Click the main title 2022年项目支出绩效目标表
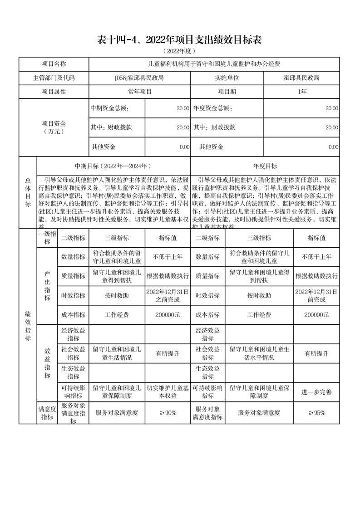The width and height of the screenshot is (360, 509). click(x=180, y=40)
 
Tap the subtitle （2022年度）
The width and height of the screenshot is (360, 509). click(x=180, y=51)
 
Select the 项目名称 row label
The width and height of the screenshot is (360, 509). click(x=54, y=64)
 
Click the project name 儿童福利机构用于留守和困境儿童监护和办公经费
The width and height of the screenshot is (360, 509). click(x=214, y=64)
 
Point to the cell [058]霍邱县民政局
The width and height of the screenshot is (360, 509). click(x=139, y=78)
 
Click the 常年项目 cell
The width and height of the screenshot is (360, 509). click(x=139, y=92)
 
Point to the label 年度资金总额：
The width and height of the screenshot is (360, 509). click(x=213, y=108)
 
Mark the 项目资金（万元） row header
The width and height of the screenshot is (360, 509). click(x=54, y=127)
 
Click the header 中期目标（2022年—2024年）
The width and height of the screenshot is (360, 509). click(x=113, y=166)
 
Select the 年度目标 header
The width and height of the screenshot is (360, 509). click(x=265, y=166)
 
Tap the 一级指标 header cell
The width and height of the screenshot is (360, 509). click(x=47, y=238)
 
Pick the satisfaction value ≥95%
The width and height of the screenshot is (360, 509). click(x=316, y=413)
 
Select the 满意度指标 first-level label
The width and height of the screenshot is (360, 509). click(x=47, y=413)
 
